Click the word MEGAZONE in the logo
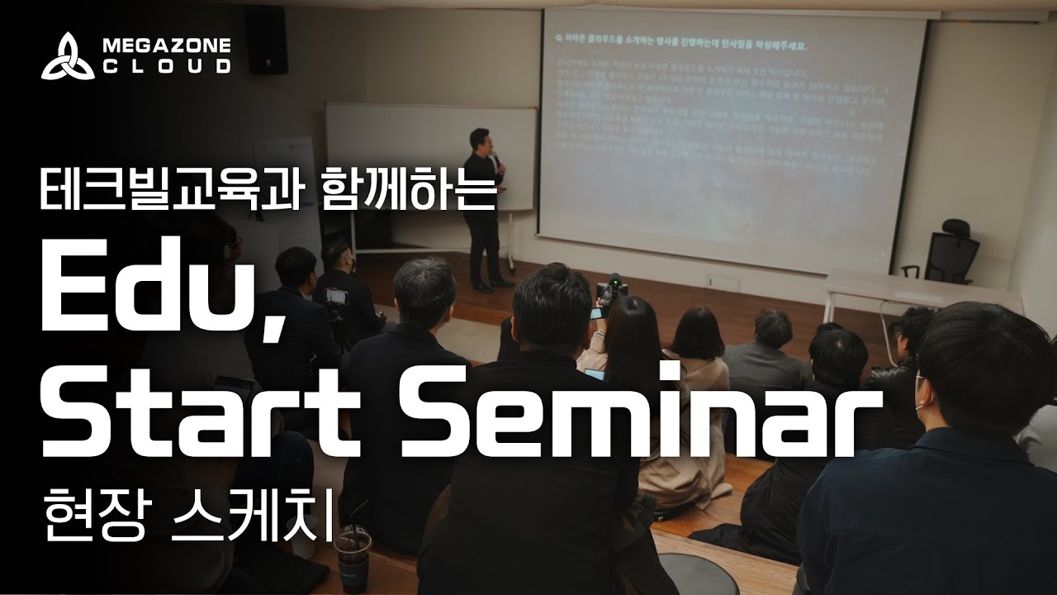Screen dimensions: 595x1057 [166, 45]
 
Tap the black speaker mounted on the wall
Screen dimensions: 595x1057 [267, 41]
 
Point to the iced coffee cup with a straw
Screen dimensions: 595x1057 [353, 552]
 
